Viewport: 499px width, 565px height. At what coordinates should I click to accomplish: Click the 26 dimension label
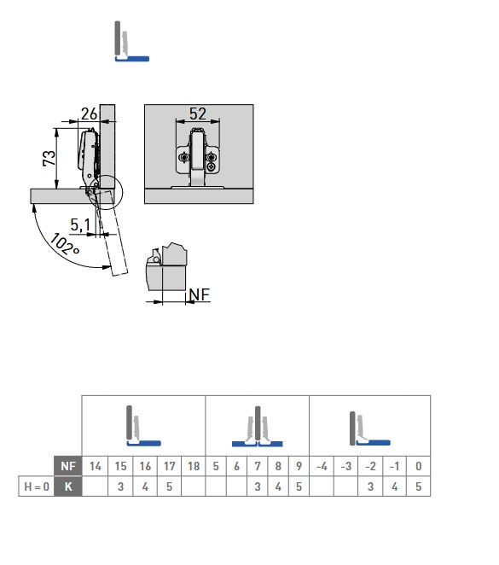coord(89,114)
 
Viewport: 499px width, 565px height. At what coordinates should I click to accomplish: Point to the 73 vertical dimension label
coord(49,158)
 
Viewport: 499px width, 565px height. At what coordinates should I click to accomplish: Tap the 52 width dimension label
coord(198,114)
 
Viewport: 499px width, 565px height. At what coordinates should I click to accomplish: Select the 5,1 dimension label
coord(80,224)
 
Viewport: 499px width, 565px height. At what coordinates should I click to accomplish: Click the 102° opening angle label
coord(64,244)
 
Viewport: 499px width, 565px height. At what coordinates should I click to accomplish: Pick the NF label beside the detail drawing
coord(199,294)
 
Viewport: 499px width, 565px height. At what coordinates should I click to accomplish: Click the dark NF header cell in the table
coord(68,466)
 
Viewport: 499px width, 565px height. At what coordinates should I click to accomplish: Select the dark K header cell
coord(68,486)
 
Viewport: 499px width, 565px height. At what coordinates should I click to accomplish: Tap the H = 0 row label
coord(37,486)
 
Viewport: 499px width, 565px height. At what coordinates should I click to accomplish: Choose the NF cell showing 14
coord(95,466)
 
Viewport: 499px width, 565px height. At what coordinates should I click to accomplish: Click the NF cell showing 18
coord(194,466)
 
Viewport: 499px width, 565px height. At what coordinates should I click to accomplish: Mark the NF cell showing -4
coord(322,466)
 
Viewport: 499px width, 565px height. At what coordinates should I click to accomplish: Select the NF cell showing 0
coord(418,466)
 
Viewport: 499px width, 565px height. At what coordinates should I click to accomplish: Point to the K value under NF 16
coord(145,486)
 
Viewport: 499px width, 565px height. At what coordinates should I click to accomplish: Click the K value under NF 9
coord(299,486)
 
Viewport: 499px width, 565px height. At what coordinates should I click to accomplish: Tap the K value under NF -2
coord(370,486)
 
